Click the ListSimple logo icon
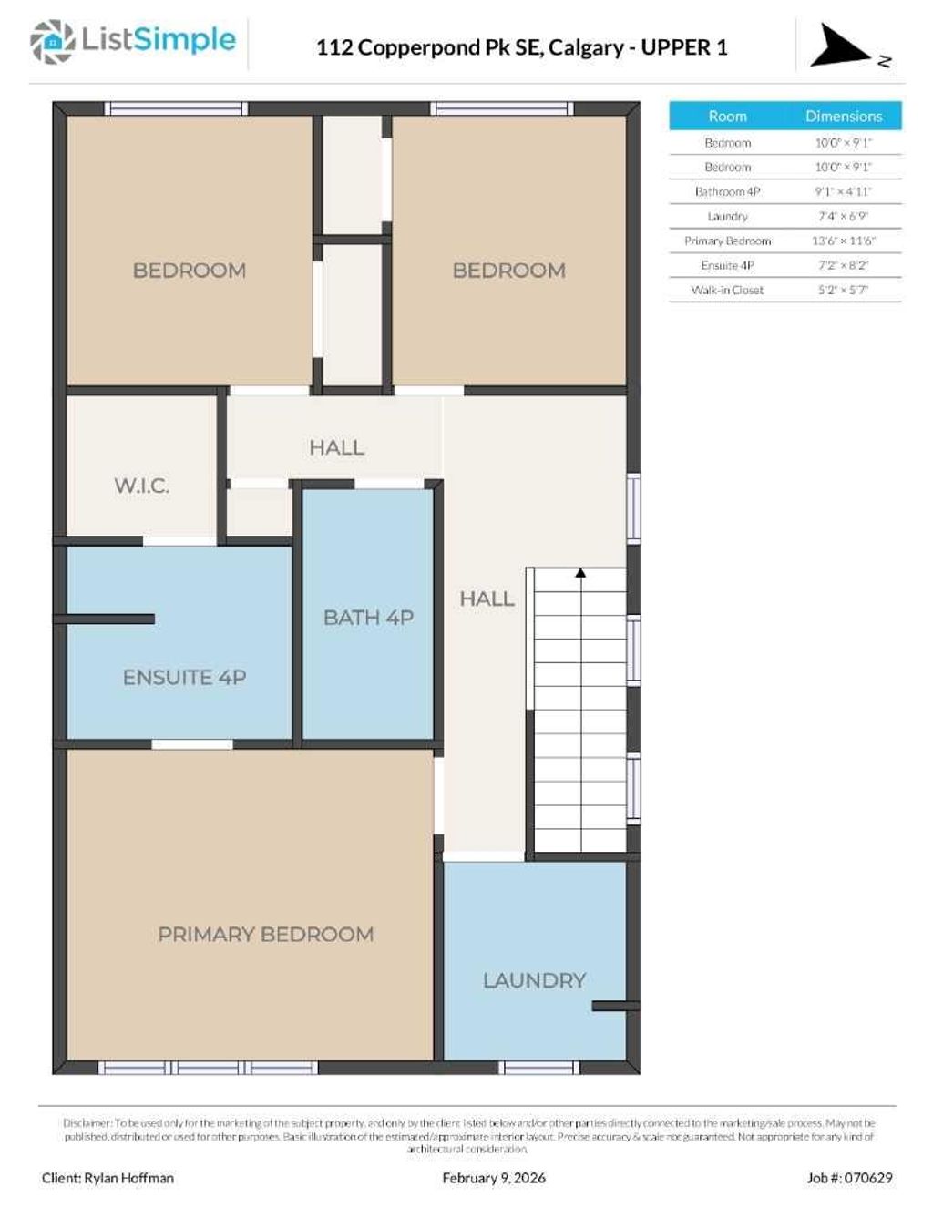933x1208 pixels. click(52, 41)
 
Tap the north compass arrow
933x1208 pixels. click(840, 46)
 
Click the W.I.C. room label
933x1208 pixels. click(141, 486)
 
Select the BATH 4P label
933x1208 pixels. click(368, 618)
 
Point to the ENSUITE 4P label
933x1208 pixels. click(184, 677)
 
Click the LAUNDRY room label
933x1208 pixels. click(534, 980)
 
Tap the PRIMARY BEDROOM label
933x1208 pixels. click(265, 934)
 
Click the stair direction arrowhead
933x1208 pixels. click(580, 573)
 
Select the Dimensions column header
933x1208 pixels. click(843, 117)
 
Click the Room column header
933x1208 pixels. click(727, 117)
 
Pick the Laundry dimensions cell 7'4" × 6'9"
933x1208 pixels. click(843, 216)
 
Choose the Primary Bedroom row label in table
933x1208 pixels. click(727, 241)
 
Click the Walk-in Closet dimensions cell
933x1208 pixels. click(843, 290)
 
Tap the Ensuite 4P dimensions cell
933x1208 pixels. click(843, 265)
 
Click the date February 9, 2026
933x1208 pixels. click(494, 1178)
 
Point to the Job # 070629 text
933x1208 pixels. click(849, 1178)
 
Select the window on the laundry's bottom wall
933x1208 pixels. click(539, 1067)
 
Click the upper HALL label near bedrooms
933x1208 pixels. click(336, 447)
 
